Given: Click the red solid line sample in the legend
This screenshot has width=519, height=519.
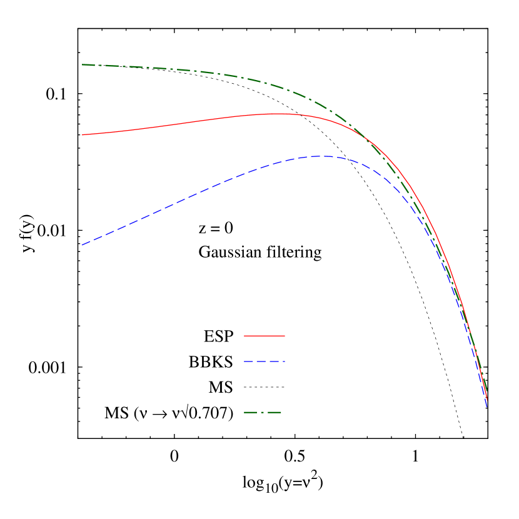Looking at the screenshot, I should (x=264, y=336).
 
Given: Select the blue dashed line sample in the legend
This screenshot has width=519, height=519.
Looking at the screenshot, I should (x=264, y=361).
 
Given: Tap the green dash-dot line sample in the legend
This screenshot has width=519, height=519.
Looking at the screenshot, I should (x=263, y=413).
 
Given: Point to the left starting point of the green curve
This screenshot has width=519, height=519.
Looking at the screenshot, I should (x=83, y=64).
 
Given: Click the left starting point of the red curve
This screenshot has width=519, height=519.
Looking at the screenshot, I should (x=83, y=134).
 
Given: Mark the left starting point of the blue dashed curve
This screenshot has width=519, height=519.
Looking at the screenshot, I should (x=83, y=244).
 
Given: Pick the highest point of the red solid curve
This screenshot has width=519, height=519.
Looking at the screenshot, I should (x=278, y=114).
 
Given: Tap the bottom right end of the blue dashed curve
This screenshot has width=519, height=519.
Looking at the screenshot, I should (x=486, y=406).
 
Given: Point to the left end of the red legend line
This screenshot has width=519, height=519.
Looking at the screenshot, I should (x=244, y=336).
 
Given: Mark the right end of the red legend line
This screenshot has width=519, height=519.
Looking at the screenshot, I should (x=285, y=336).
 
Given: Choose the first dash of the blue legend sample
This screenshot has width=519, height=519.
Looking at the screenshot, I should (x=248, y=361).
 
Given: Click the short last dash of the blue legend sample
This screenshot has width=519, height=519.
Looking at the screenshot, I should (x=284, y=361).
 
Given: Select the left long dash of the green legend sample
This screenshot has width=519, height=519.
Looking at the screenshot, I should (x=251, y=413).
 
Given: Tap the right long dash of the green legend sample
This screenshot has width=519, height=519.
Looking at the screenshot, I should (x=275, y=413).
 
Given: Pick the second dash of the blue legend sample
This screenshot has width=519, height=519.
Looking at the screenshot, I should (x=261, y=361).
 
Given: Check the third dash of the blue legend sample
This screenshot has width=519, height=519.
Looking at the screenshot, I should (x=274, y=361).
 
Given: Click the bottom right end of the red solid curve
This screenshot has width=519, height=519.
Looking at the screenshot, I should (x=486, y=398).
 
